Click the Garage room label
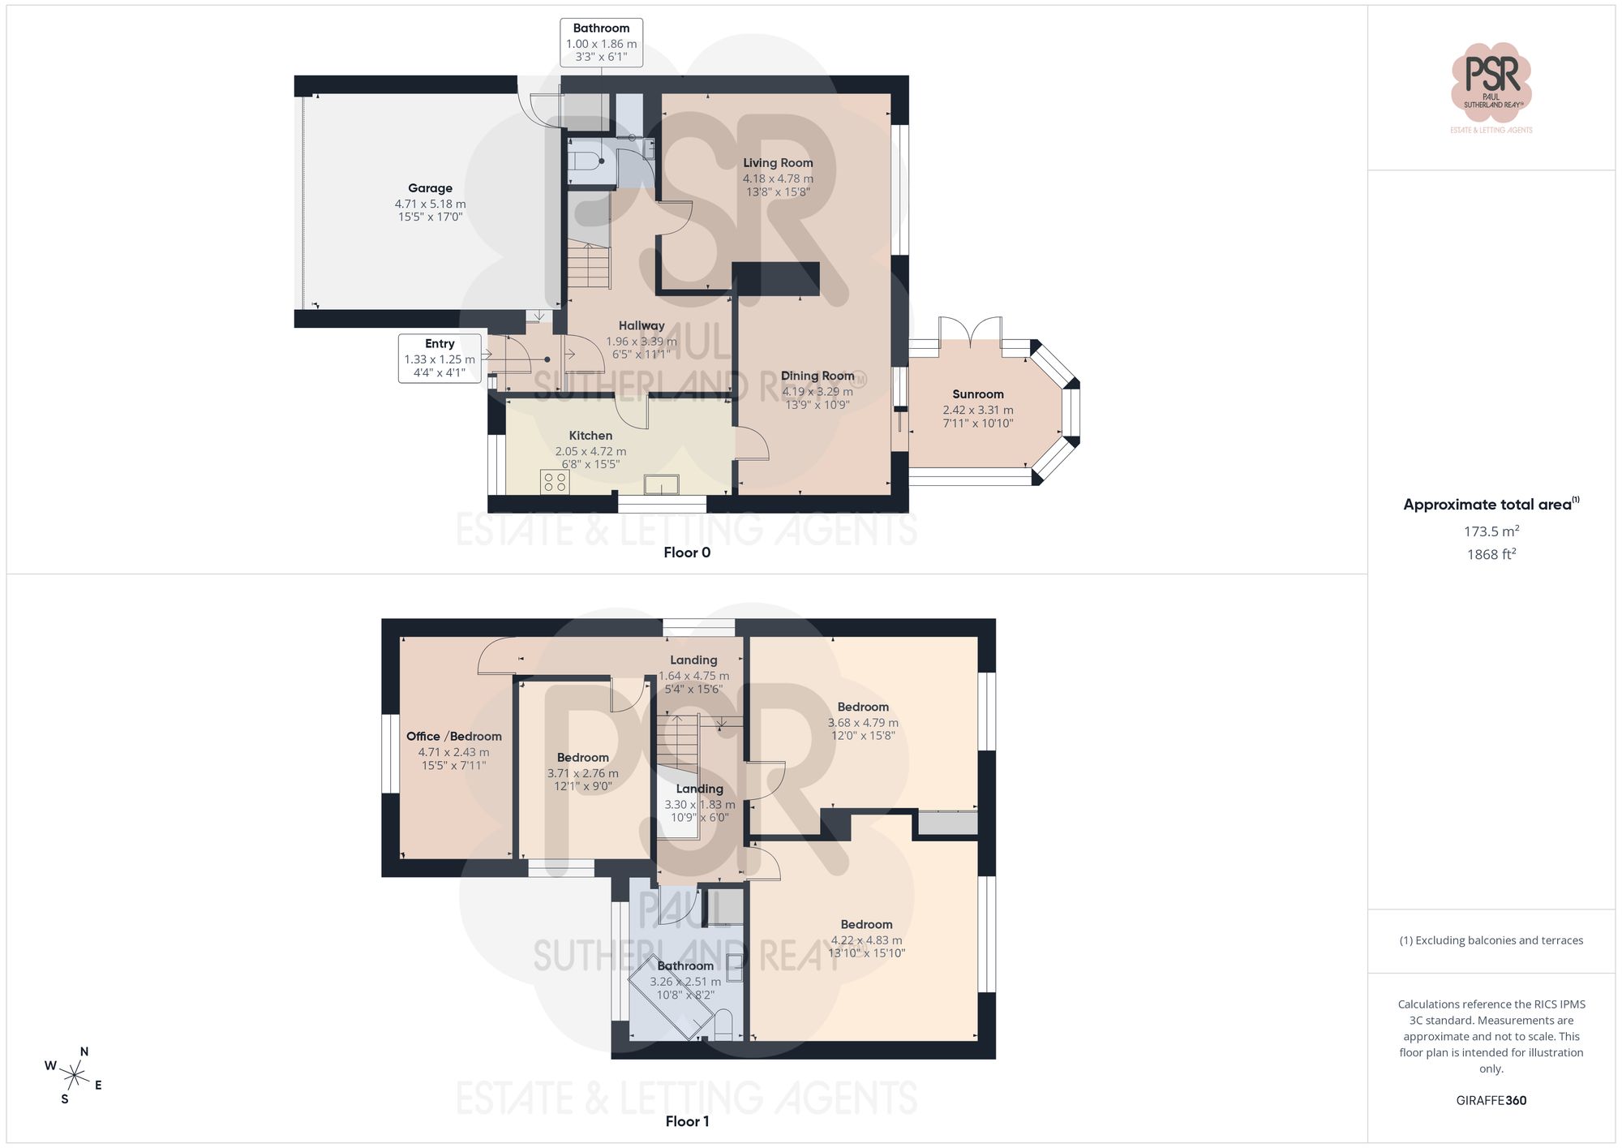430,188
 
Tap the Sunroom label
978,394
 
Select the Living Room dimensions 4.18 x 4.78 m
778,178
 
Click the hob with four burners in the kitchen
555,482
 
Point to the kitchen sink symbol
662,485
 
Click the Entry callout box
440,358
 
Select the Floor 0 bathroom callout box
601,42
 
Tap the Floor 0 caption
687,553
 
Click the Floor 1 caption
687,1121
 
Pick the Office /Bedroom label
453,737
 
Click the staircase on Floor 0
588,266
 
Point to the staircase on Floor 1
677,740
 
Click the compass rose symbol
74,1077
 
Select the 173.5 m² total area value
1491,531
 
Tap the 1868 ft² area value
1491,555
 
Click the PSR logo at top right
1491,81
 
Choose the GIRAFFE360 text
1491,1101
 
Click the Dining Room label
817,376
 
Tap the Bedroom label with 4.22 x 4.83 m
866,925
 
